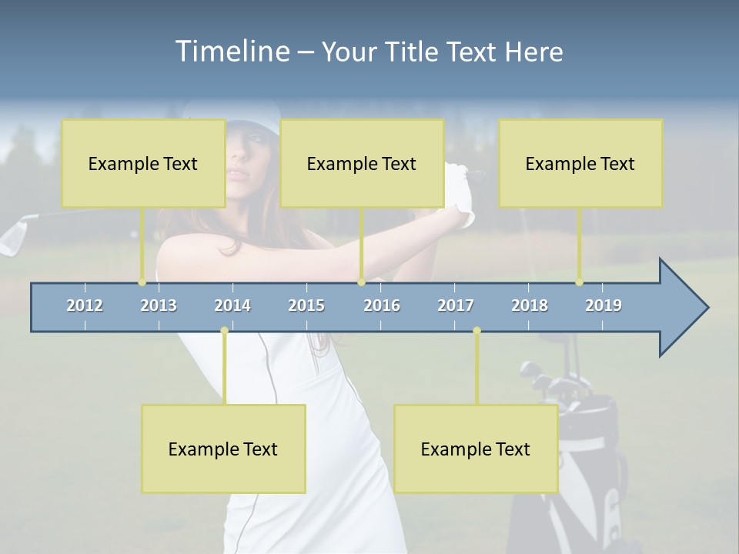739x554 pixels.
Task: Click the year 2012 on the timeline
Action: pyautogui.click(x=85, y=305)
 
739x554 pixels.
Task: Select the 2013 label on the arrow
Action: pyautogui.click(x=159, y=305)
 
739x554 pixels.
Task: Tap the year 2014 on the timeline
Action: pyautogui.click(x=232, y=305)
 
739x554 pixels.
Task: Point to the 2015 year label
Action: pyautogui.click(x=306, y=305)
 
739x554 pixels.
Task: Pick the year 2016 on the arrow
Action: pyautogui.click(x=382, y=305)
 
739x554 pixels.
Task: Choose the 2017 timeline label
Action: pyautogui.click(x=456, y=305)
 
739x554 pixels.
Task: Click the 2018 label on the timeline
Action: pyautogui.click(x=530, y=305)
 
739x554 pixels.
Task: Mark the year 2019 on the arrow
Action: pyautogui.click(x=604, y=305)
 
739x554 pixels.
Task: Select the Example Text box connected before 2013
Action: pyautogui.click(x=143, y=163)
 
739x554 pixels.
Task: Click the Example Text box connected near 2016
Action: pyautogui.click(x=362, y=163)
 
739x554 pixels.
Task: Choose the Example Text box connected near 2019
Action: pyautogui.click(x=580, y=163)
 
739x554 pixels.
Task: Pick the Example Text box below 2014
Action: pyautogui.click(x=223, y=449)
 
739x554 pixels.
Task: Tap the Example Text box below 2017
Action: pyautogui.click(x=476, y=449)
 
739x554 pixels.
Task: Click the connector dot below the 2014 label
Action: pyautogui.click(x=224, y=330)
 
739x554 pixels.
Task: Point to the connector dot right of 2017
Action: pyautogui.click(x=477, y=330)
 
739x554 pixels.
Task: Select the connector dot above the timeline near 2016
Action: pyautogui.click(x=361, y=282)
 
